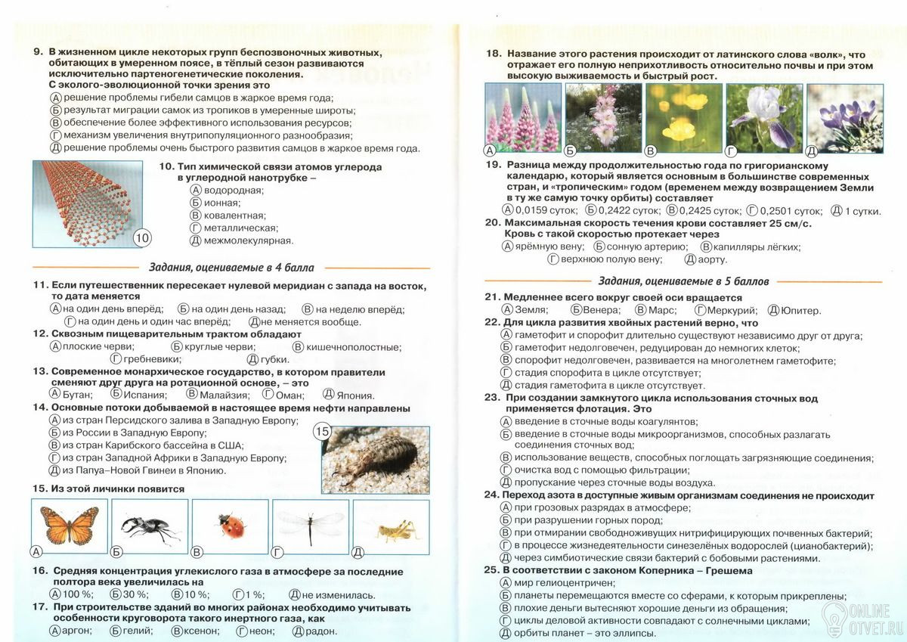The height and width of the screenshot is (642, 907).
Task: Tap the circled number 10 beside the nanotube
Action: (x=142, y=237)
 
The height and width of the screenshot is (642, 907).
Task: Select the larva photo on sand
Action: (x=370, y=459)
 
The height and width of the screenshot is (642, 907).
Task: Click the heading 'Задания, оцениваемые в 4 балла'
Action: (x=231, y=268)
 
